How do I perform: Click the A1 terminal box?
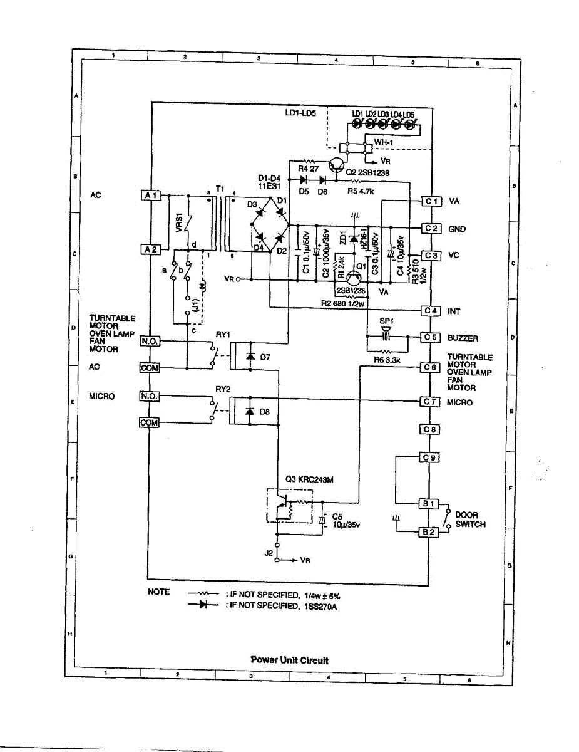[x=153, y=196]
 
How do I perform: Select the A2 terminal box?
[x=153, y=249]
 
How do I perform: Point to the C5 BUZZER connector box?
[x=431, y=338]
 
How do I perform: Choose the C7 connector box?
[x=431, y=402]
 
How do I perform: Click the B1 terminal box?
[x=430, y=503]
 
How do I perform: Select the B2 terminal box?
[x=430, y=532]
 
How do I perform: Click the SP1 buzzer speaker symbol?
[x=386, y=337]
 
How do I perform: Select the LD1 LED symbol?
[x=357, y=125]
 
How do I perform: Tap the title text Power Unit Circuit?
[x=289, y=660]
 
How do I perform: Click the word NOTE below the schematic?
[x=158, y=592]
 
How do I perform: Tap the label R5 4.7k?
[x=360, y=192]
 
